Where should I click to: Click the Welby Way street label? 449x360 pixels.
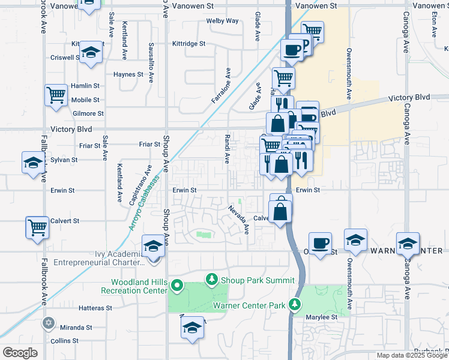(x=223, y=20)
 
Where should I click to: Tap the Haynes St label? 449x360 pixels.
(x=129, y=75)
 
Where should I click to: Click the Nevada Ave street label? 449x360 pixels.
(x=238, y=220)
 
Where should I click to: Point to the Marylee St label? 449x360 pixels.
(x=323, y=317)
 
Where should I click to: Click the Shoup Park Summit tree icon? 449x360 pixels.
(x=211, y=279)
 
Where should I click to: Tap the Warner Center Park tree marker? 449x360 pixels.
(x=294, y=304)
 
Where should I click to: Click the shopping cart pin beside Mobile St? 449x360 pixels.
(x=56, y=95)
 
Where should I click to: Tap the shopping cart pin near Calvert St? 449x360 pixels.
(x=37, y=227)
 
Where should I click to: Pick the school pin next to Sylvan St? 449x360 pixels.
(x=32, y=162)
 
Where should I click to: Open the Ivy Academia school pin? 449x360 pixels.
(x=153, y=246)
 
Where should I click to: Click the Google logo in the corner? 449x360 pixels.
(x=20, y=353)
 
